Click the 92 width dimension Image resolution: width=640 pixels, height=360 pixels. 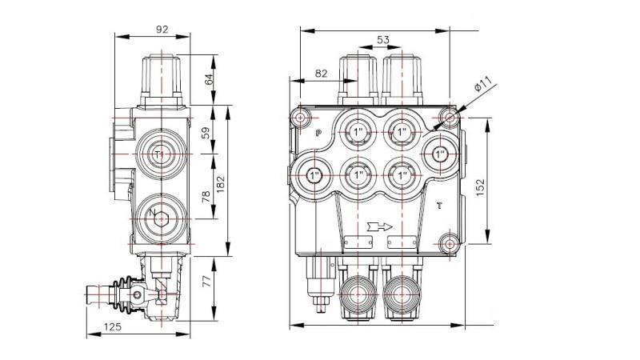(162, 30)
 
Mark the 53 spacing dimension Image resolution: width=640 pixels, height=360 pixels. (382, 41)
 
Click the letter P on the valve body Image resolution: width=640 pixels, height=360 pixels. (318, 134)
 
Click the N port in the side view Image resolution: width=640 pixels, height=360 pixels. (156, 214)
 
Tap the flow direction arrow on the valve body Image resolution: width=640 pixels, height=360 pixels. (379, 226)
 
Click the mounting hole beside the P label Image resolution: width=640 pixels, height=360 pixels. (301, 118)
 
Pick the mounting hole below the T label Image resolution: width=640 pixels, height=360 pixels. (449, 242)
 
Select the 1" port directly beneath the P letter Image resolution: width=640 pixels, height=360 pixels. (313, 173)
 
